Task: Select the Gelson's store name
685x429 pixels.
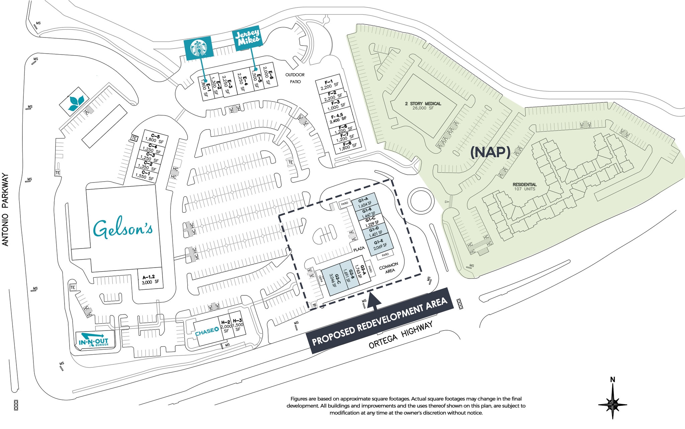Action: point(123,229)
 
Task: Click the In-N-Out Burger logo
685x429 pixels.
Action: point(94,340)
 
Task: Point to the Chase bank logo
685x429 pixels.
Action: point(207,332)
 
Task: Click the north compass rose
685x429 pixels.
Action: point(612,401)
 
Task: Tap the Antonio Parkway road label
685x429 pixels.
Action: point(6,210)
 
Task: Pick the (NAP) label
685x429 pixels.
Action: point(490,152)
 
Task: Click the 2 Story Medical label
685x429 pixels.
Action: point(423,106)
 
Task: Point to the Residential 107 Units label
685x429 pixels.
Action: point(524,187)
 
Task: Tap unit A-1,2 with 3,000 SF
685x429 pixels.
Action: point(149,280)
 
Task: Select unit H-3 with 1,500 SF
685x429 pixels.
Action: point(237,325)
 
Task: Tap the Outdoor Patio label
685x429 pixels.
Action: point(295,78)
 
